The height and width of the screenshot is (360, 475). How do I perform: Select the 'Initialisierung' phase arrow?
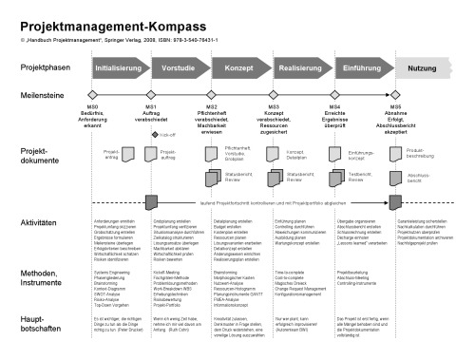(119, 69)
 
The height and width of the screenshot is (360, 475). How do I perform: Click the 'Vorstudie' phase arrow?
(180, 69)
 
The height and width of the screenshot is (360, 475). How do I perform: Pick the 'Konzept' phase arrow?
(239, 69)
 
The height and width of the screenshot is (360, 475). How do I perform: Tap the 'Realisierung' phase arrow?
(299, 69)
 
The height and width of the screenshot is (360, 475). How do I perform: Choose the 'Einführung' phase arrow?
(360, 69)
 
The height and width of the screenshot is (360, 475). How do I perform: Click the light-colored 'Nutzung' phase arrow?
(423, 69)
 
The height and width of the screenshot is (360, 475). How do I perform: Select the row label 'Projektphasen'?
(45, 69)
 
